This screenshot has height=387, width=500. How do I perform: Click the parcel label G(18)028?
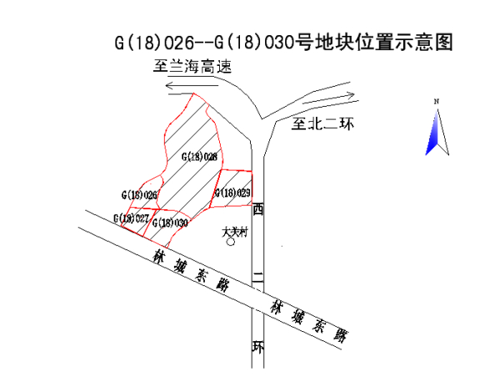coord(198,156)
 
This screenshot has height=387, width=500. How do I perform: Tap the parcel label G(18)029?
coord(232,193)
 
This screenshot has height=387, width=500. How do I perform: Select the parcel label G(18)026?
coord(139,194)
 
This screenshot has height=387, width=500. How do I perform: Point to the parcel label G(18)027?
coord(132,218)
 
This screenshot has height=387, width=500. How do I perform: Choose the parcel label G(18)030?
coord(170,223)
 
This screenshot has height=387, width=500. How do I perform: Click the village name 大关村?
coord(235,233)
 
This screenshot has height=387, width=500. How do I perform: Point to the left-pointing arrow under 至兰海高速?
coord(191,84)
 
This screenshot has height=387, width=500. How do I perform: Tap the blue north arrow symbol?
coord(433,133)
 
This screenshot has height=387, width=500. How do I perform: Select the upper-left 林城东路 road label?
coord(192,270)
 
